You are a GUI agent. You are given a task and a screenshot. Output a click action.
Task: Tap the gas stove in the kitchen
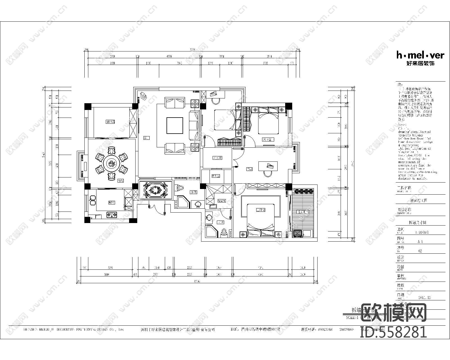tap(112, 215)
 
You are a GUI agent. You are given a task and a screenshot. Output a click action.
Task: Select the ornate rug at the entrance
tap(156, 190)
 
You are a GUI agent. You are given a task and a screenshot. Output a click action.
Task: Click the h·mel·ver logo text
tap(420, 55)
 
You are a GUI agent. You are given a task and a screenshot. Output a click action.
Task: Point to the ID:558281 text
tap(393, 332)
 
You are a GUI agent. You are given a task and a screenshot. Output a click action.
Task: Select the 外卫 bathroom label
tap(193, 192)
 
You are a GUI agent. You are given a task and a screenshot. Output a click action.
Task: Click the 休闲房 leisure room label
tap(110, 122)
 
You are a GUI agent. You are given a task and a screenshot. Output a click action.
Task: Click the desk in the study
tap(267, 166)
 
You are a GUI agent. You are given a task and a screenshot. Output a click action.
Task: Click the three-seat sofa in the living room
tap(194, 125)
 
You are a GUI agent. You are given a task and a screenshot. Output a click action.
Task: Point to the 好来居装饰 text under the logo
tap(420, 64)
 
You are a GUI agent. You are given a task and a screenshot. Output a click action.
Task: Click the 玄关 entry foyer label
tap(217, 158)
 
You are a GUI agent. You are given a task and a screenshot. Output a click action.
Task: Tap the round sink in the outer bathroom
tap(198, 204)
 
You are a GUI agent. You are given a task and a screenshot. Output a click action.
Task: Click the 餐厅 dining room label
tap(121, 181)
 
